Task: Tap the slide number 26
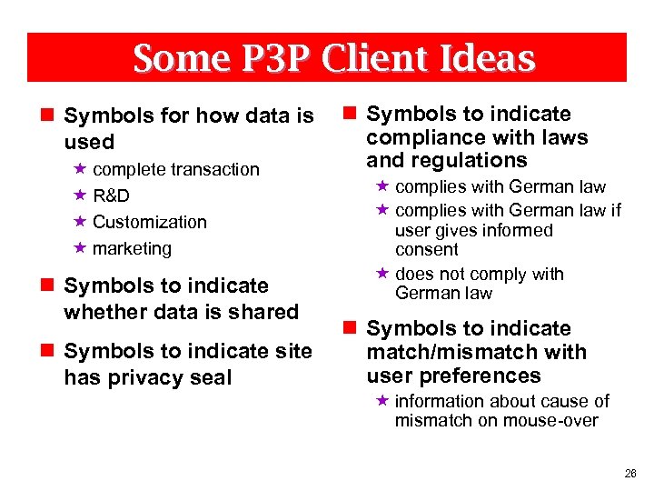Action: pos(630,474)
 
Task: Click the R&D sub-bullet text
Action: pos(111,195)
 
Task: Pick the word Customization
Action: pos(150,222)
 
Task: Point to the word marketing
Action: pos(132,248)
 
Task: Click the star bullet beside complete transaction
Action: pos(80,169)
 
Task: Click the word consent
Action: pos(427,249)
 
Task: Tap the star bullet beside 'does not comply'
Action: pos(381,274)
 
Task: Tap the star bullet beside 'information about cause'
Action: pos(381,401)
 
